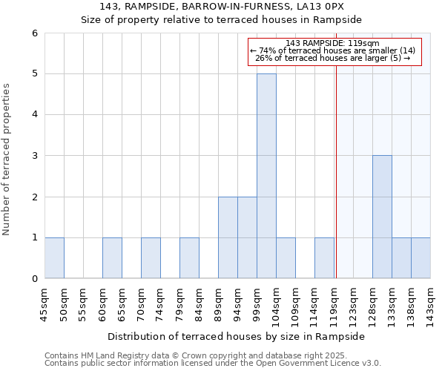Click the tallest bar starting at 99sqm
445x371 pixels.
266,176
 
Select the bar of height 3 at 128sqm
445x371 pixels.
382,217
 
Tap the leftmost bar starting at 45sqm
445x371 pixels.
54,257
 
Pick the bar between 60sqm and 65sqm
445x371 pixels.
112,257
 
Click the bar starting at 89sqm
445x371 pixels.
228,237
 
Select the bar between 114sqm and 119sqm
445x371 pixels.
324,257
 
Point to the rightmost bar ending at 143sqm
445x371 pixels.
421,257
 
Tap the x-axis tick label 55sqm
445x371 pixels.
84,303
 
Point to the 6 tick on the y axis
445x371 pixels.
35,33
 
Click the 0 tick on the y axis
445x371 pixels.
35,278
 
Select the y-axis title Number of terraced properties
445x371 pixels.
7,160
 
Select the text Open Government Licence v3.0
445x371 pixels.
328,364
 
